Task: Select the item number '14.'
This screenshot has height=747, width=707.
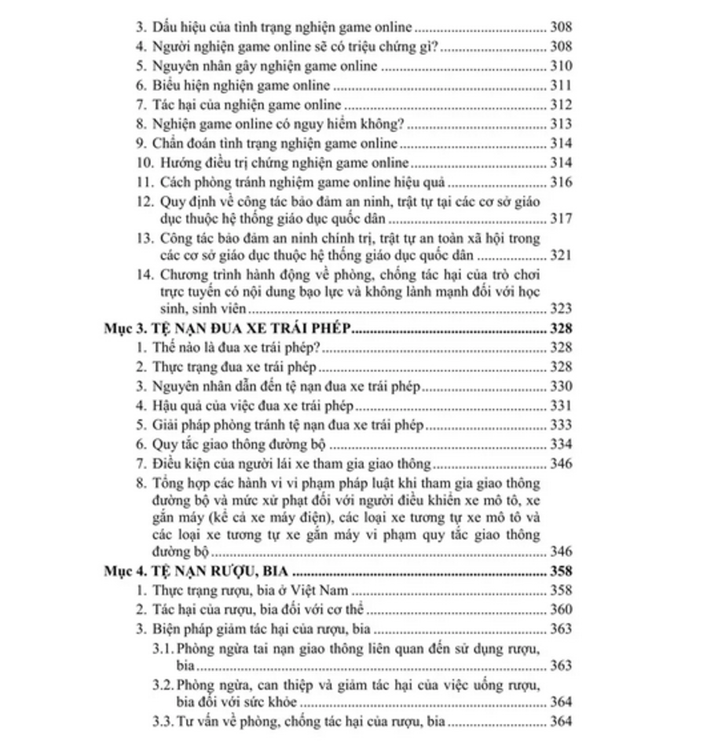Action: coord(144,275)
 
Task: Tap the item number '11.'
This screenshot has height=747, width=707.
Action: coord(144,182)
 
